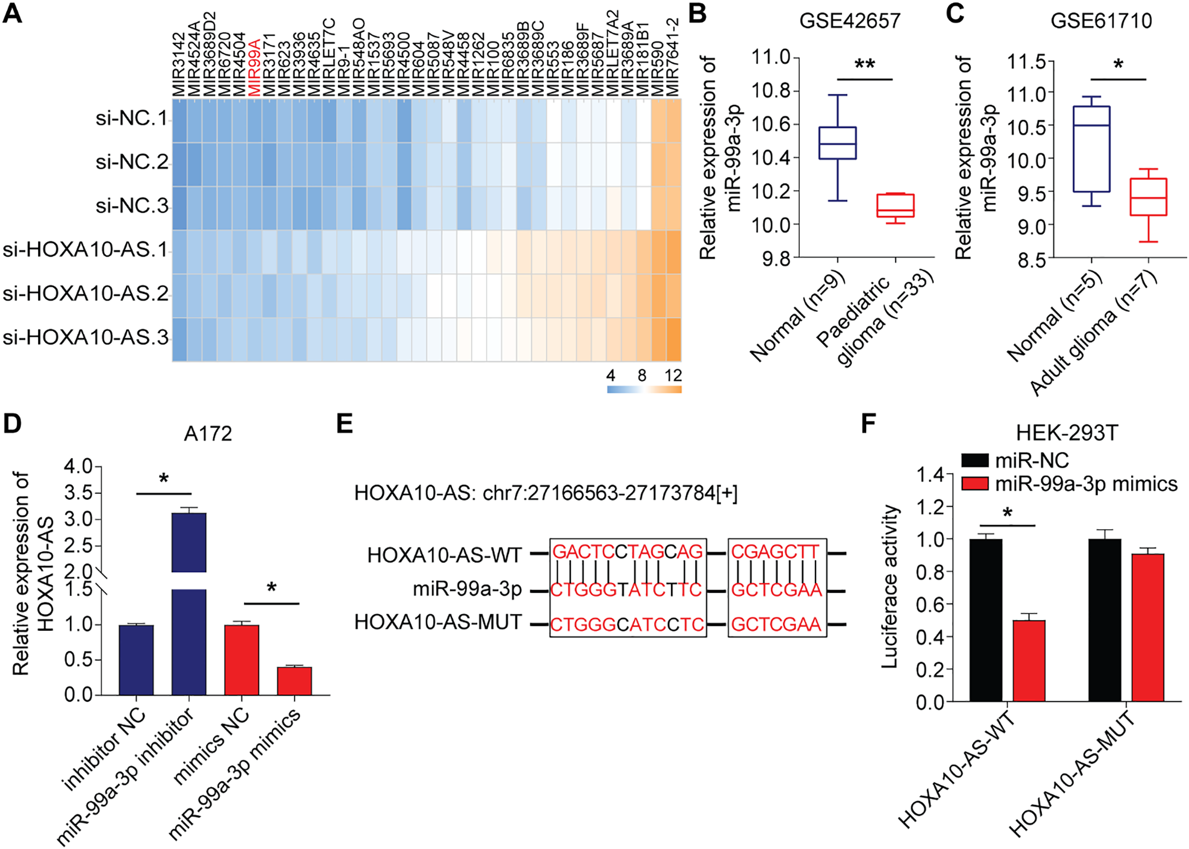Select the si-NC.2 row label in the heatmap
[132, 163]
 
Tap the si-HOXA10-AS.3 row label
[86, 338]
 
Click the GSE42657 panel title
[849, 21]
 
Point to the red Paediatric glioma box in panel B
[895, 205]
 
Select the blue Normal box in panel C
[1091, 149]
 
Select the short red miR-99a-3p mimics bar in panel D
[294, 681]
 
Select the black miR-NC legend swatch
[975, 460]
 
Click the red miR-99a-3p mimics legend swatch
[975, 484]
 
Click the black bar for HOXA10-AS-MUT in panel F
[1105, 620]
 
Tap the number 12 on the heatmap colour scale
[673, 375]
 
